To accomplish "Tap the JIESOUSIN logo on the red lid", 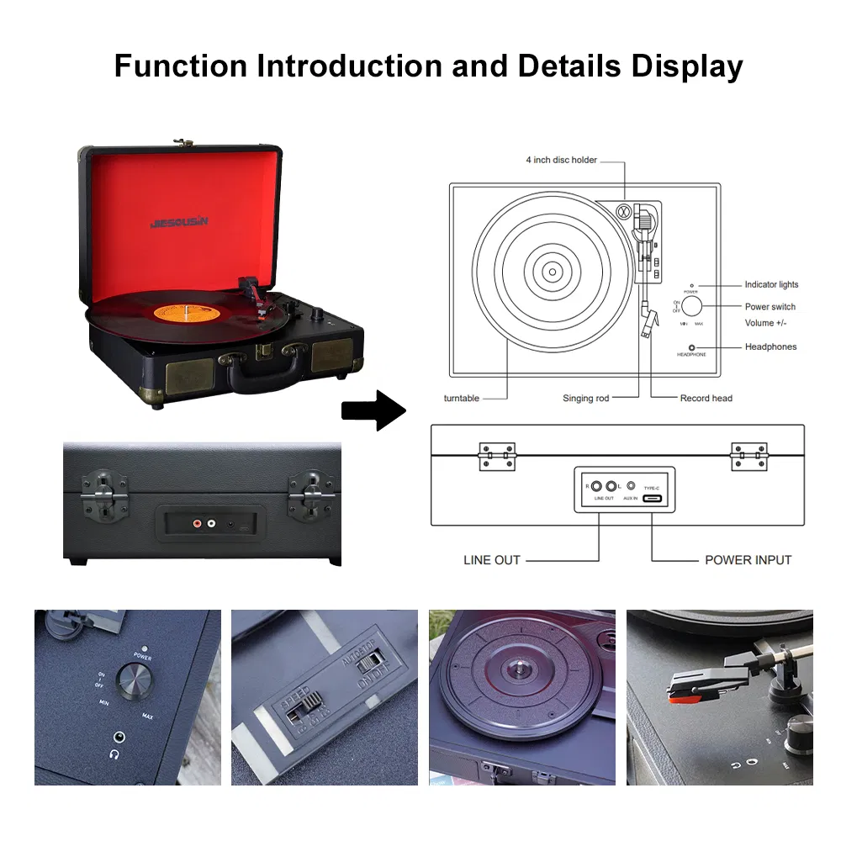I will [178, 222].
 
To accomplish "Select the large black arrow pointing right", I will [373, 410].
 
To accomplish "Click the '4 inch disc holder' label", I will [561, 160].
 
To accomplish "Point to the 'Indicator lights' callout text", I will [771, 285].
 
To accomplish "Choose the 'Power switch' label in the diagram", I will [770, 307].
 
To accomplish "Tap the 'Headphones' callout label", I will [770, 346].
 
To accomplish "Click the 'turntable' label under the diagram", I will [462, 398].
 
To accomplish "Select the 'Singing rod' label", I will [585, 398].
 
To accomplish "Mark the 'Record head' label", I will [706, 398].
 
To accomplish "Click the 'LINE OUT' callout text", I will [492, 560].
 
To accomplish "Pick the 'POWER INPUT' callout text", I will [748, 560].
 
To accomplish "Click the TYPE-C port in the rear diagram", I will [652, 499].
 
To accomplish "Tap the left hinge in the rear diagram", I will [496, 457].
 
